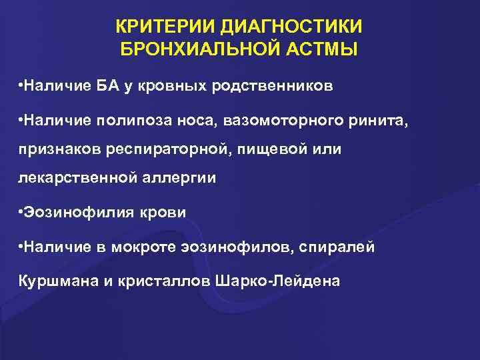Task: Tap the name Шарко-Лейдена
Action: tap(278, 280)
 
